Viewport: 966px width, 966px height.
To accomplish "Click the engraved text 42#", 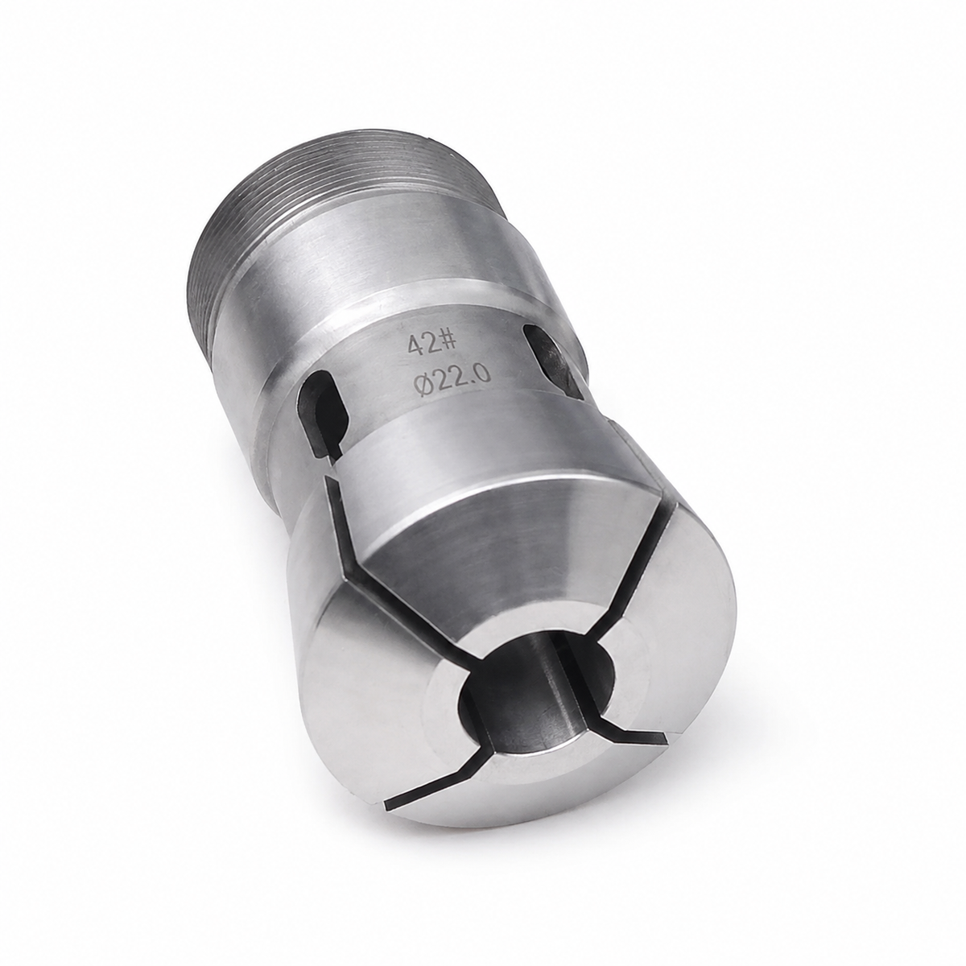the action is coord(431,345).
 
